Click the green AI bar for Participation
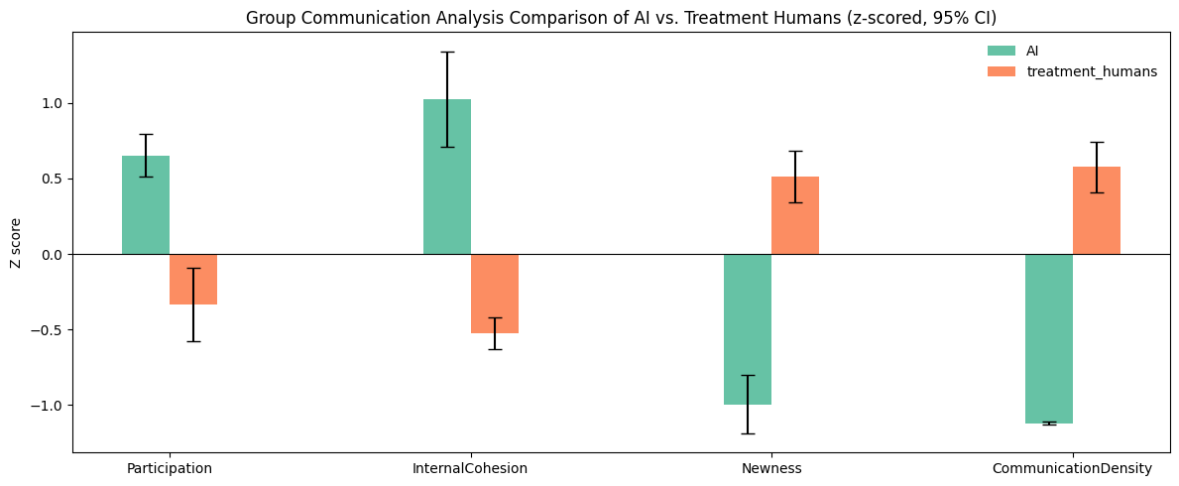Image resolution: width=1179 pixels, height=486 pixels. [146, 205]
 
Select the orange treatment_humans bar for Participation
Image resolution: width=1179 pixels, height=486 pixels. [193, 280]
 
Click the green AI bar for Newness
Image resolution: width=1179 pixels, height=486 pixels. [748, 329]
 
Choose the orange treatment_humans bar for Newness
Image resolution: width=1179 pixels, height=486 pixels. [795, 215]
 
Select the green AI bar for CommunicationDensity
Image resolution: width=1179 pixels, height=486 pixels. [1049, 338]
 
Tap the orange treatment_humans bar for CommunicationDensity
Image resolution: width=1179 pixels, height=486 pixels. [1097, 210]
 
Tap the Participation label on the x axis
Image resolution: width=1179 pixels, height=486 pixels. [170, 468]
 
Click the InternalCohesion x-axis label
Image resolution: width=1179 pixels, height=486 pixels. [470, 468]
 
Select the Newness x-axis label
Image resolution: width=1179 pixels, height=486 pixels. [771, 468]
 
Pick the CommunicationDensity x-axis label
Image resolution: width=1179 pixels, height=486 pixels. [1072, 468]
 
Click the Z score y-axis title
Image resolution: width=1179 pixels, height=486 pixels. [16, 242]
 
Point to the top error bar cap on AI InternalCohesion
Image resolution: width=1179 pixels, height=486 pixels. [447, 52]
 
